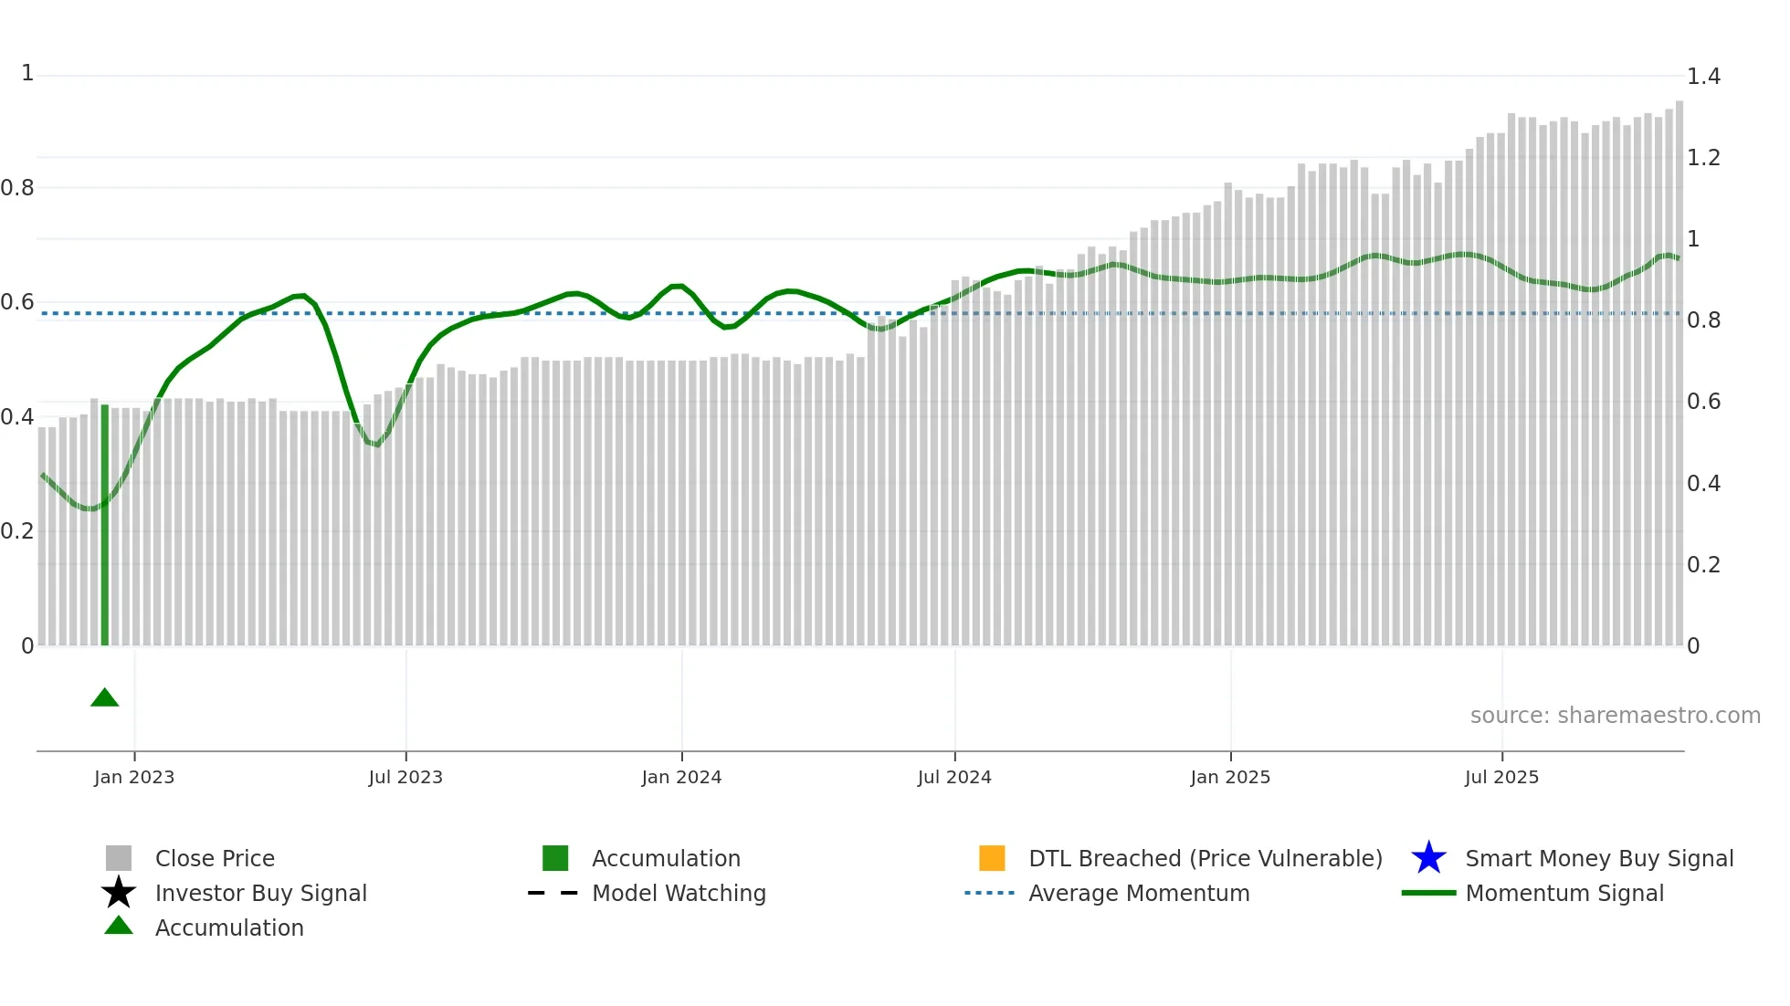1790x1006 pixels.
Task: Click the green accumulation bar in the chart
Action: point(105,525)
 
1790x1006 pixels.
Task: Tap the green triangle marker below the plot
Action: point(105,698)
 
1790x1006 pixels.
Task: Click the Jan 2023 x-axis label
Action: point(134,777)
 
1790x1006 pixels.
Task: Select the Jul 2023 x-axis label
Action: point(405,777)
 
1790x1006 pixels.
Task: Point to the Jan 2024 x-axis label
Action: point(681,777)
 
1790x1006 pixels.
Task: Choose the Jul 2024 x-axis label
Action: point(954,777)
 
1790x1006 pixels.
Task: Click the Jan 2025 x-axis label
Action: point(1230,777)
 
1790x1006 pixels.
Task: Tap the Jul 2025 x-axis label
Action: point(1501,777)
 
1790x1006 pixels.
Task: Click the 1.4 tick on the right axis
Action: point(1703,77)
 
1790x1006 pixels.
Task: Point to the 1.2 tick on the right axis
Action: point(1703,158)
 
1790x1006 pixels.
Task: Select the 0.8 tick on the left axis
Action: point(17,188)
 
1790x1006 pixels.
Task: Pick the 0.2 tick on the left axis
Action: point(17,531)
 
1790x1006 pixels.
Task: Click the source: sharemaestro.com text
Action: point(1615,716)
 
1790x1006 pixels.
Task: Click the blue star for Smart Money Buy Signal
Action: point(1428,858)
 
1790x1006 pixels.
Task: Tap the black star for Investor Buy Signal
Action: point(119,893)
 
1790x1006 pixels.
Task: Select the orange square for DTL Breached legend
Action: point(992,858)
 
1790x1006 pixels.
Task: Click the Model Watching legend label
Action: point(679,893)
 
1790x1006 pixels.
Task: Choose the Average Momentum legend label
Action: point(1139,893)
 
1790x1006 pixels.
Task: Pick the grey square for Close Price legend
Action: point(119,858)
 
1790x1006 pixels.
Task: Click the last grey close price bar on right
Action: point(1679,374)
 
